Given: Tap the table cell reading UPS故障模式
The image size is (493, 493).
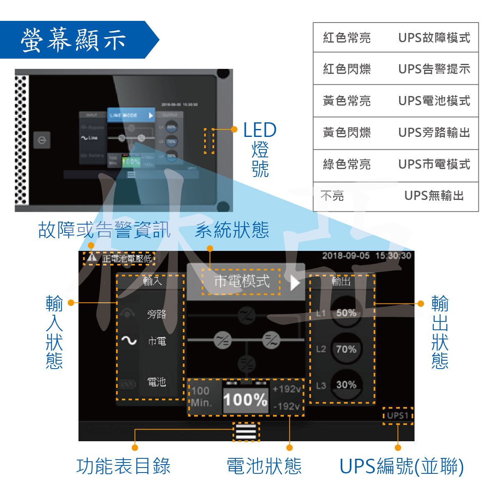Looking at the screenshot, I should click(x=434, y=38).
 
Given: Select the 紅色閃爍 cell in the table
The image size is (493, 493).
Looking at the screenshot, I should click(x=346, y=69).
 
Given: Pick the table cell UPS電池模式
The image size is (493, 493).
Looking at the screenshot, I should click(x=434, y=101).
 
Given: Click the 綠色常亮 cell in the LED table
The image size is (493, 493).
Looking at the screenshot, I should click(x=346, y=164).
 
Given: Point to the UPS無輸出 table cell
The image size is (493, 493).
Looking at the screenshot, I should click(x=434, y=195).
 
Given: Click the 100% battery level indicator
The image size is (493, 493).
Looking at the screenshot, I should click(x=245, y=400).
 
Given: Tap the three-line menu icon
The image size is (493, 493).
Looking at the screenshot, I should click(x=246, y=431).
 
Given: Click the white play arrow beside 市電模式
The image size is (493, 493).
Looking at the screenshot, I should click(x=295, y=282).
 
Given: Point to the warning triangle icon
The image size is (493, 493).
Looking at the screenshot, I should click(x=92, y=258).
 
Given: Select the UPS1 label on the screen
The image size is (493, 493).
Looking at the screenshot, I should click(x=397, y=416).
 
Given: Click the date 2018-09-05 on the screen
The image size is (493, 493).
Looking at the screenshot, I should click(x=346, y=255).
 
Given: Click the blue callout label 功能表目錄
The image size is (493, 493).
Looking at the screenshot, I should click(x=124, y=466).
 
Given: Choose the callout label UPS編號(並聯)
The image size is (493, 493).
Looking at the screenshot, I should click(x=402, y=466).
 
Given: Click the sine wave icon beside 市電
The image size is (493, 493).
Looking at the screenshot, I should click(x=129, y=341).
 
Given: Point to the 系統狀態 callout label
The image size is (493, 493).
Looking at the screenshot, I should click(x=232, y=230).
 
